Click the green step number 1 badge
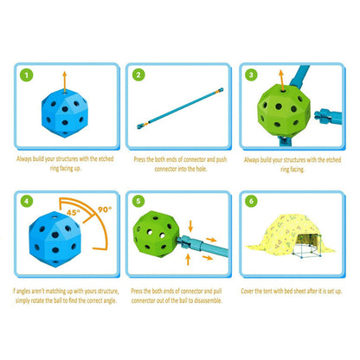(x=27, y=75)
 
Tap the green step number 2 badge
(x=138, y=74)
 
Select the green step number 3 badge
(x=251, y=74)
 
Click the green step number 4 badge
(x=27, y=201)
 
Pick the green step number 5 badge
(x=138, y=201)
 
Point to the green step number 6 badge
(x=251, y=201)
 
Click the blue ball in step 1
(x=64, y=113)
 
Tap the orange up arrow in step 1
(x=65, y=82)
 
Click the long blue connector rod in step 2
(x=180, y=108)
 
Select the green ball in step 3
(x=284, y=111)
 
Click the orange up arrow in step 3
(x=281, y=80)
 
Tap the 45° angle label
(x=74, y=213)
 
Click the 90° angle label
(x=105, y=209)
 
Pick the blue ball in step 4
(x=55, y=240)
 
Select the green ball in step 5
(x=156, y=234)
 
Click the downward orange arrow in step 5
(x=190, y=226)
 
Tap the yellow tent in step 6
(x=290, y=236)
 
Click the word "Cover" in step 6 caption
(x=247, y=291)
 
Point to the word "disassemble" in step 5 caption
(x=208, y=300)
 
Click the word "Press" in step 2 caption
(x=139, y=159)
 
